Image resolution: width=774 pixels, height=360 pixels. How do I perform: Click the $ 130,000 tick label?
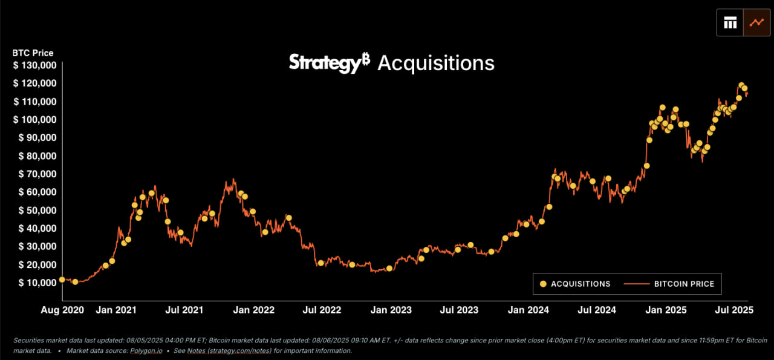pyautogui.click(x=34, y=65)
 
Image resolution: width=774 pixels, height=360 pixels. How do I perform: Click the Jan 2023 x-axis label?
pyautogui.click(x=391, y=310)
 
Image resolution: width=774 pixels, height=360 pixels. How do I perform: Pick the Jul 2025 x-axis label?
pyautogui.click(x=733, y=310)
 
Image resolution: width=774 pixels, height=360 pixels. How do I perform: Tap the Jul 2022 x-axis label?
pyautogui.click(x=322, y=310)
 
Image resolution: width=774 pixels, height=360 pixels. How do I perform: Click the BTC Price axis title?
pyautogui.click(x=33, y=53)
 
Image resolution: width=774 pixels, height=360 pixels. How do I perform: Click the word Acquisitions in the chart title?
pyautogui.click(x=436, y=63)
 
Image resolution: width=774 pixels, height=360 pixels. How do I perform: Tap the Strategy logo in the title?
pyautogui.click(x=329, y=62)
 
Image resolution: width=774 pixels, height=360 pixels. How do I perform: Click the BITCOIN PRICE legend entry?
pyautogui.click(x=684, y=284)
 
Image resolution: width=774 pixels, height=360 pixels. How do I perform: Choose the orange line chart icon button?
pyautogui.click(x=756, y=23)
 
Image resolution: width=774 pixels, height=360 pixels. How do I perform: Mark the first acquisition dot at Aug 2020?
pyautogui.click(x=62, y=280)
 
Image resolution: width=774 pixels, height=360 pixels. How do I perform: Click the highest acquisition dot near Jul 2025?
pyautogui.click(x=741, y=85)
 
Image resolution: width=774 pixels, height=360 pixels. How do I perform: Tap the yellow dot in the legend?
pyautogui.click(x=543, y=284)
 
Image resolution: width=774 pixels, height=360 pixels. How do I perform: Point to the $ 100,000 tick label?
pyautogui.click(x=34, y=120)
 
